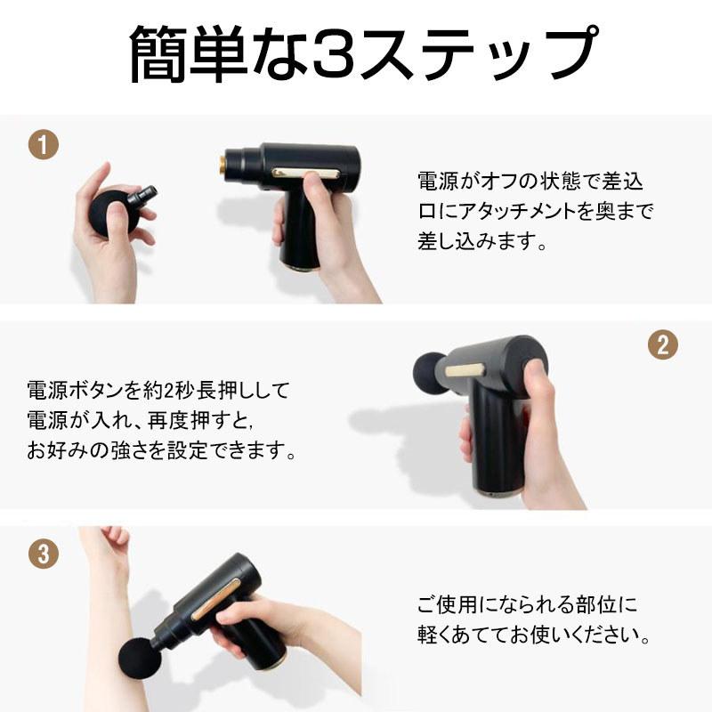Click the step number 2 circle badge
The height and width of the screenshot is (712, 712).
click(661, 345)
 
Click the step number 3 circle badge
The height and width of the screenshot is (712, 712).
click(44, 553)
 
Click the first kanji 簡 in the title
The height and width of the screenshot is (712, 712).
click(163, 56)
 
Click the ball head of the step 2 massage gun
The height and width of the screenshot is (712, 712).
click(430, 368)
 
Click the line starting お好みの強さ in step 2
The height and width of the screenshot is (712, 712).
click(160, 450)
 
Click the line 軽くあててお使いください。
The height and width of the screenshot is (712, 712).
click(535, 637)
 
